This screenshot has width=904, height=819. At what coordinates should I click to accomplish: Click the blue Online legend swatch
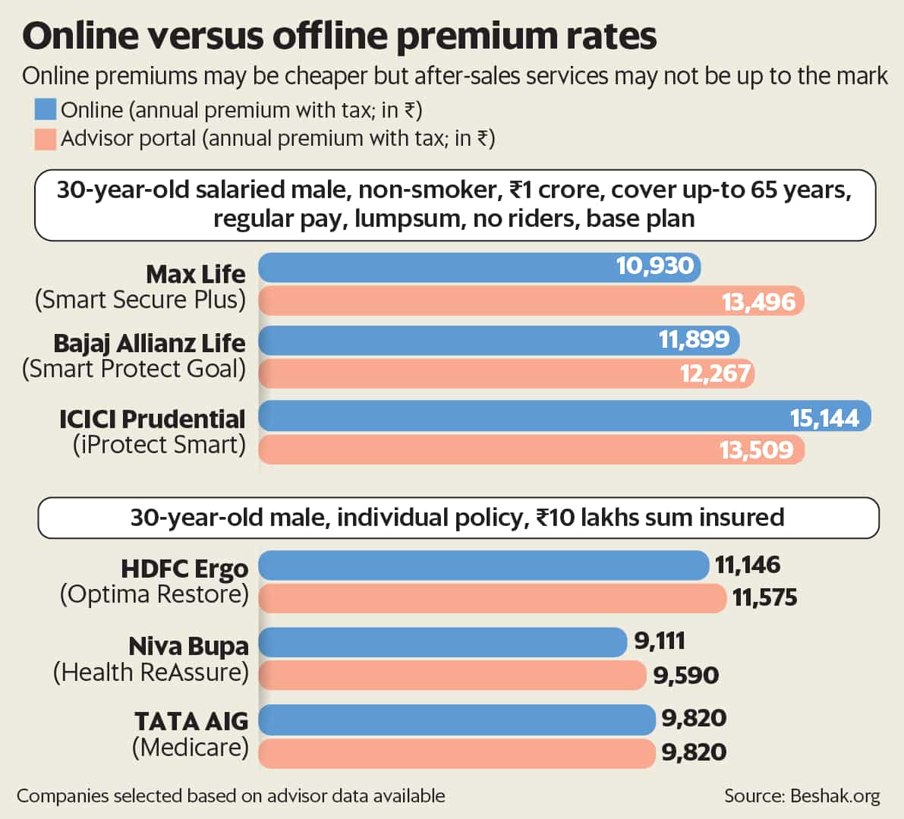(x=45, y=110)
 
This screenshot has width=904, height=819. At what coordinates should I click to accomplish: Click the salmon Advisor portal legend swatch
(x=45, y=138)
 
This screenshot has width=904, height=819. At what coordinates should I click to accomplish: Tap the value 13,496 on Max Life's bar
(x=758, y=302)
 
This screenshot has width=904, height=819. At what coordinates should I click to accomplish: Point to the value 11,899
(x=694, y=339)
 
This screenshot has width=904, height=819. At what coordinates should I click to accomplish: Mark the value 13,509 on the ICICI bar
(x=756, y=450)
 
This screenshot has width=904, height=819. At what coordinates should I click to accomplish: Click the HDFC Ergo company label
(x=184, y=569)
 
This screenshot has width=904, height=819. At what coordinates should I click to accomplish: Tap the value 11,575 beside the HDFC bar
(x=765, y=598)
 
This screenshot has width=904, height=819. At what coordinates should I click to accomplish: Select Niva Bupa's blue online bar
(x=443, y=642)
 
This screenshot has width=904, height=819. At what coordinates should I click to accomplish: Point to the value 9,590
(x=686, y=676)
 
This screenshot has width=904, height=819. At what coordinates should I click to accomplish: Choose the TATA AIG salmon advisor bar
(x=455, y=753)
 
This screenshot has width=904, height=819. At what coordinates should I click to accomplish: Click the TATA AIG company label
(x=191, y=720)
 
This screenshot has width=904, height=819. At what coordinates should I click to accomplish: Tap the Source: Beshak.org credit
(x=802, y=796)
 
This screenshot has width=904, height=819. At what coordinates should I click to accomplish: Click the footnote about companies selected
(x=231, y=796)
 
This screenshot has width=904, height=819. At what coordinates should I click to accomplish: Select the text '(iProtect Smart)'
(x=159, y=445)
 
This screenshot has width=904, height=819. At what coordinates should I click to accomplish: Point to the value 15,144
(x=824, y=418)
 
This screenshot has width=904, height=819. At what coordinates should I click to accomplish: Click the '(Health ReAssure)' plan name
(x=151, y=673)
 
